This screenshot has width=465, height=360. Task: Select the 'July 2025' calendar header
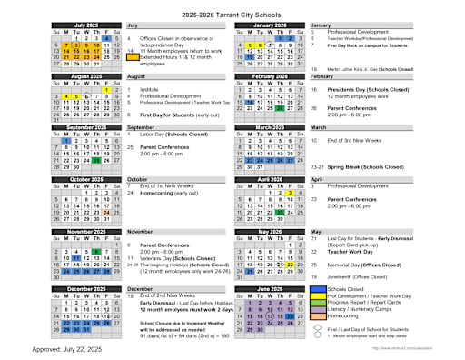coord(88,25)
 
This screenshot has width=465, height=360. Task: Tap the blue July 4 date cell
coord(107,38)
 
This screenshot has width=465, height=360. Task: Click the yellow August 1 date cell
coord(107,90)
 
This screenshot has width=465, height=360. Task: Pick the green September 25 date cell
coord(97,160)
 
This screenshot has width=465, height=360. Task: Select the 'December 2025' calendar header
coord(88,288)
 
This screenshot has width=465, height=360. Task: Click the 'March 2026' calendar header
coord(270,128)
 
